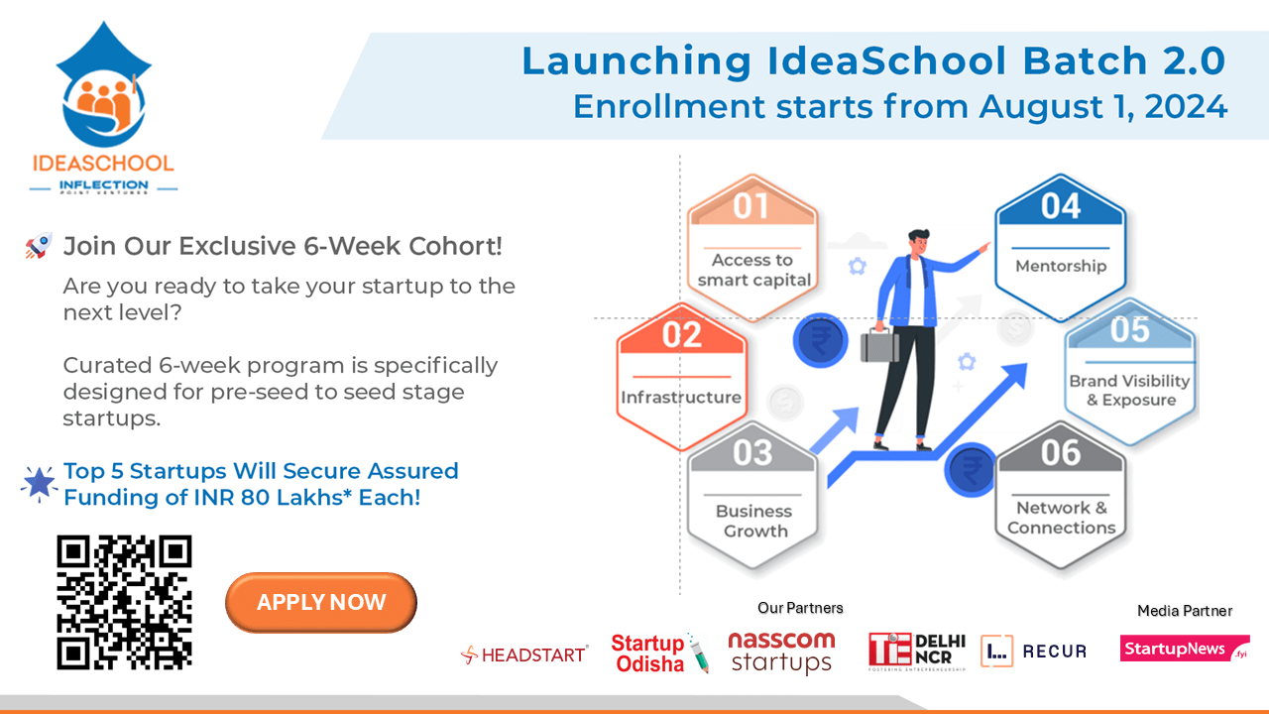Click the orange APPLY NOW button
click(321, 602)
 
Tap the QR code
click(124, 602)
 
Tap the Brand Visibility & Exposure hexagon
click(1129, 372)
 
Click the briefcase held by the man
click(879, 344)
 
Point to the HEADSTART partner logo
click(524, 654)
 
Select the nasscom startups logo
click(781, 652)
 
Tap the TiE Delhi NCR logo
click(917, 650)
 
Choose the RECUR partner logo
click(1033, 651)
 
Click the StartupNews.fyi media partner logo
click(1185, 649)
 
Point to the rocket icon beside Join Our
click(38, 247)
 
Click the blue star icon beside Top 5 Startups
click(39, 483)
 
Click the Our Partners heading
click(800, 608)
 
